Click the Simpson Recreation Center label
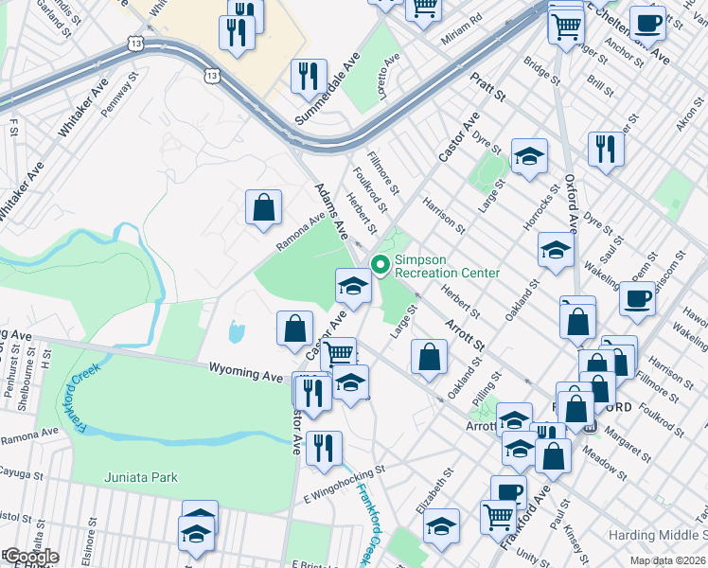tap(446, 267)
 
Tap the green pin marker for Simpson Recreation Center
tap(381, 265)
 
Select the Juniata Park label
tap(138, 478)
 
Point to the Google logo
tap(30, 557)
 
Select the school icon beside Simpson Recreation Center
tap(353, 287)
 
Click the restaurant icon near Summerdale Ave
tap(309, 77)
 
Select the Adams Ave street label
tap(332, 212)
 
